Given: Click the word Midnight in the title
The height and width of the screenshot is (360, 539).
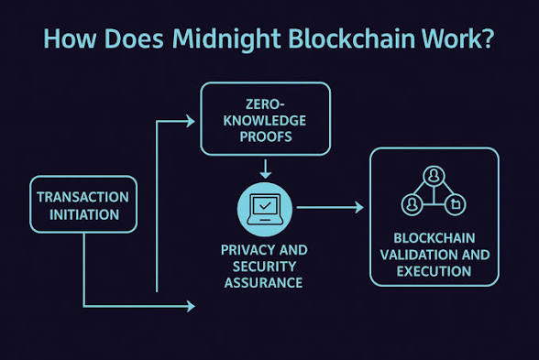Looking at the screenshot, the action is click(226, 38).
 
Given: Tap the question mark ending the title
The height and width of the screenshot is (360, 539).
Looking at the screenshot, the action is click(487, 38).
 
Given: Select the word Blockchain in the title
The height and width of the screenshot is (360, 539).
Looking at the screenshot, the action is click(352, 38).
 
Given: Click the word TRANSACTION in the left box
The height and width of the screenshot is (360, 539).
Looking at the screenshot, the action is click(82, 197).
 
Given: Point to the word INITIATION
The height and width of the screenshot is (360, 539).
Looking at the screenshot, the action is click(84, 214).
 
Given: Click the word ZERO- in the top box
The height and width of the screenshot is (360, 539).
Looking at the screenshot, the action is click(265, 104).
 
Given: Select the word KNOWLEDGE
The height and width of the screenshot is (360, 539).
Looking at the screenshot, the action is click(265, 121).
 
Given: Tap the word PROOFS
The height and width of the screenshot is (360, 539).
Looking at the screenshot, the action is click(266, 136).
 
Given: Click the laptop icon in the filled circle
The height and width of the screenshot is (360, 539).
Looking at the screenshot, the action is click(265, 209).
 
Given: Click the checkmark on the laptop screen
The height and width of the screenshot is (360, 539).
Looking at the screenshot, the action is click(265, 206).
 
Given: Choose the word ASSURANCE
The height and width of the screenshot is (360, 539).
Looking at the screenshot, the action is click(263, 283).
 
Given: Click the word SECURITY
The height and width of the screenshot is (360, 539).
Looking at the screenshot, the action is click(264, 267).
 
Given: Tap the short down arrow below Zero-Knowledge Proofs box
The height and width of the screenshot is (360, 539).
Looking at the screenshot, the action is click(265, 169).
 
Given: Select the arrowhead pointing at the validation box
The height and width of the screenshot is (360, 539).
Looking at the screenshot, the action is click(359, 207).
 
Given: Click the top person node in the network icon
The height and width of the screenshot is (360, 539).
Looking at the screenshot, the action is click(434, 176).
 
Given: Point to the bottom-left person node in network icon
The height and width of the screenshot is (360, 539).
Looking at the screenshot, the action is click(412, 205).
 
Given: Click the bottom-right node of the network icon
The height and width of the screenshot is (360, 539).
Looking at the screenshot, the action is click(456, 205).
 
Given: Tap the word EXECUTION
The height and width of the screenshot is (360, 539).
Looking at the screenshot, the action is click(434, 271).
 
